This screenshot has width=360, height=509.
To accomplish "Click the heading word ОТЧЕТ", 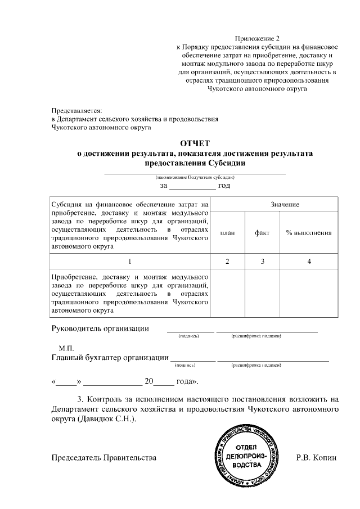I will click(195, 143).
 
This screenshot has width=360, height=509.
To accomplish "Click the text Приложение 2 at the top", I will click(258, 38).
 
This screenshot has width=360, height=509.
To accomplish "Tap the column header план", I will click(227, 233).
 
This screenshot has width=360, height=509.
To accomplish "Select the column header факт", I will click(262, 233).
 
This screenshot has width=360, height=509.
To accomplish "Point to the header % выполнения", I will click(308, 233).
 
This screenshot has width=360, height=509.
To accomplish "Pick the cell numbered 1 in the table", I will click(130, 262).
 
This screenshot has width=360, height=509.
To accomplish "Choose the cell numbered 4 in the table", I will click(309, 262).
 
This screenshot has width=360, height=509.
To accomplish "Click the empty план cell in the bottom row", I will click(227, 294).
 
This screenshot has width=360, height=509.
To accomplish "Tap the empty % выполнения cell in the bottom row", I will click(309, 294).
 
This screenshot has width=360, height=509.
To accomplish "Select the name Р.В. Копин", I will click(316, 458).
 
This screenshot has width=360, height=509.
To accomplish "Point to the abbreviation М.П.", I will click(66, 348).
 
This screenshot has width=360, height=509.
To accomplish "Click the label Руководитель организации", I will click(100, 328).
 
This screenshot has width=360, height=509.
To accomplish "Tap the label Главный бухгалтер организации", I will click(110, 357).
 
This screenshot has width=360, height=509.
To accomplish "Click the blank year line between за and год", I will click(192, 185).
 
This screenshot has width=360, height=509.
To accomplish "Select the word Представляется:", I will click(77, 110).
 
